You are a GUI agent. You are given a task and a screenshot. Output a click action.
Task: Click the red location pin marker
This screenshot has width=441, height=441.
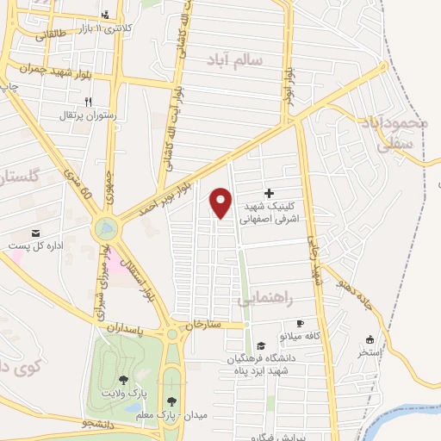[x=221, y=203]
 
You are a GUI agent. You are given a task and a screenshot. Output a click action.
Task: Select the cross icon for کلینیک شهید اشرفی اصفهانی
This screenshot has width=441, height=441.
[x=269, y=193]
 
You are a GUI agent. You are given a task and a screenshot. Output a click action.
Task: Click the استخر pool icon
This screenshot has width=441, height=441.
[x=371, y=339]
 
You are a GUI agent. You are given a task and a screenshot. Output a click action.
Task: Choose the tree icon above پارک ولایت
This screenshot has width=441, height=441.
[x=124, y=379]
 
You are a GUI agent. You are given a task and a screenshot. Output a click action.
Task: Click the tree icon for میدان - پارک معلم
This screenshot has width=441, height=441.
[x=173, y=401]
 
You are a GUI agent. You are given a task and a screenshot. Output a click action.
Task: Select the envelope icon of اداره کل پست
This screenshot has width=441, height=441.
[x=35, y=233]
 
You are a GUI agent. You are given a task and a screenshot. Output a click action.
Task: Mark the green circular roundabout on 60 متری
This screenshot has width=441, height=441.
[x=106, y=229]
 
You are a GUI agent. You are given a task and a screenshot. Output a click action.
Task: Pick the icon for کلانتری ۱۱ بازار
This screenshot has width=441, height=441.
[x=106, y=14]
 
